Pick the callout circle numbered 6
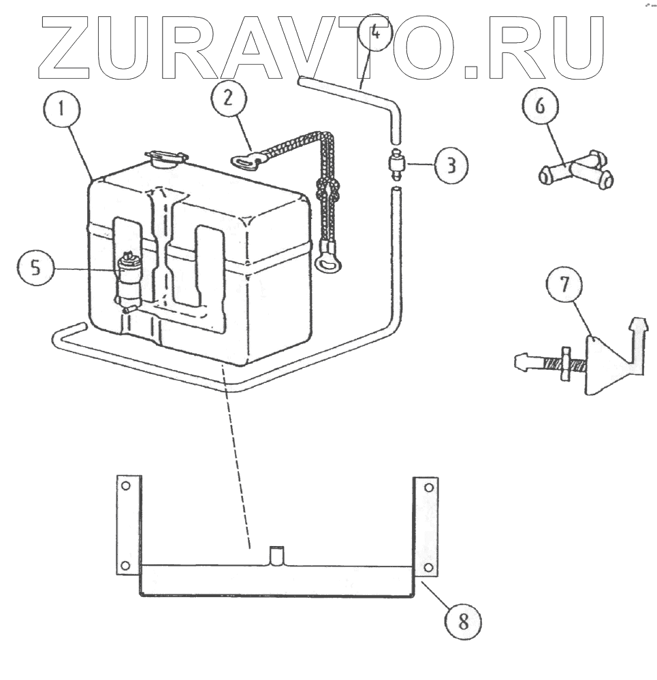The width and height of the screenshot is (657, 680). click(x=541, y=107)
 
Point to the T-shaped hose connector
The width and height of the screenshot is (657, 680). click(x=576, y=171)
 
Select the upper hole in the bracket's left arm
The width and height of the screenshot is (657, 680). click(x=125, y=486)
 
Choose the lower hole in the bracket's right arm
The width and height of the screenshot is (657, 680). click(x=427, y=566)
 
